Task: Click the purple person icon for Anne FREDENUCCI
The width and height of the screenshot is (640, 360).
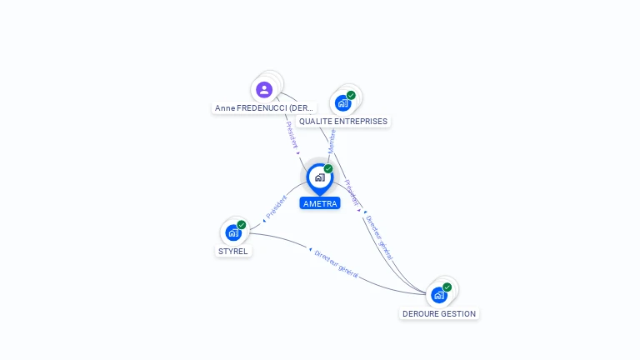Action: click(264, 89)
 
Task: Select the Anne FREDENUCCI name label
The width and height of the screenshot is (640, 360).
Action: click(264, 108)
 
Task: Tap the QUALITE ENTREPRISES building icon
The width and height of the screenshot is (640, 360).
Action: click(342, 103)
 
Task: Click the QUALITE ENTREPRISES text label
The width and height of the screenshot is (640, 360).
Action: click(343, 122)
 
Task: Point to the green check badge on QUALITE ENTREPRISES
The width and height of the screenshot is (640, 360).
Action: click(351, 95)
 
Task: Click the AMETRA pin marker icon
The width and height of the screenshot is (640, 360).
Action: click(319, 177)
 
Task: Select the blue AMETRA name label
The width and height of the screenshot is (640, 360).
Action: click(320, 203)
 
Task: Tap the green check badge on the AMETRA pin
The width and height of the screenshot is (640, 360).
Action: click(328, 168)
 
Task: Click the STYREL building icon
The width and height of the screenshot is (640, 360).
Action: click(232, 233)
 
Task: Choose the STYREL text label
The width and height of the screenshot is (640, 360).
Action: click(233, 252)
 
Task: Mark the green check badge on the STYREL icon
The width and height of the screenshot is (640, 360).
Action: click(242, 225)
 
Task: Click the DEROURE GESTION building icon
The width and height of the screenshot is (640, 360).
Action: click(438, 295)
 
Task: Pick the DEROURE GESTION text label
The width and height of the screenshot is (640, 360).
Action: click(439, 314)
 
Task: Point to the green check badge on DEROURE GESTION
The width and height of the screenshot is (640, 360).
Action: click(447, 287)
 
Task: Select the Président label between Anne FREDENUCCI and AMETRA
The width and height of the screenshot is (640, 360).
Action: click(292, 135)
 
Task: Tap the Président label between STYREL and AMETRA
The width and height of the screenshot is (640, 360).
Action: click(276, 207)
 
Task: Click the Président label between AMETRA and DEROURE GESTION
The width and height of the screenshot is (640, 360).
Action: click(352, 193)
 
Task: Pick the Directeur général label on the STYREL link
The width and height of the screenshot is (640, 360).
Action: click(337, 262)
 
